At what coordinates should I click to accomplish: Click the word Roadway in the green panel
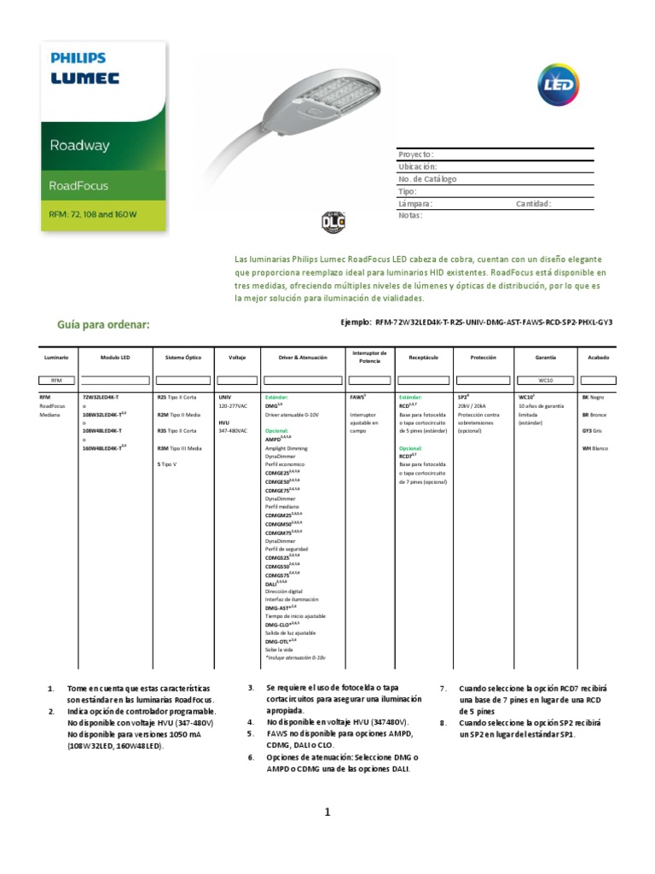(79, 145)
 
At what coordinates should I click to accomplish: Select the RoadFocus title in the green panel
(79, 185)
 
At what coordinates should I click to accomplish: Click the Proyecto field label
(416, 154)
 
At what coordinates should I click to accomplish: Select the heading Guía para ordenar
(103, 324)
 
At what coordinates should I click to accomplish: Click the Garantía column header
(545, 357)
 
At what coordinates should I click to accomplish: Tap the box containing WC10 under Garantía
(545, 380)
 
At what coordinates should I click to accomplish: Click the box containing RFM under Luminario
(57, 380)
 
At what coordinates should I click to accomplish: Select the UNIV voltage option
(224, 398)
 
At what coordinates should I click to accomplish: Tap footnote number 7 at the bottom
(443, 688)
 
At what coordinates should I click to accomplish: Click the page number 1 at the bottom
(327, 813)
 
